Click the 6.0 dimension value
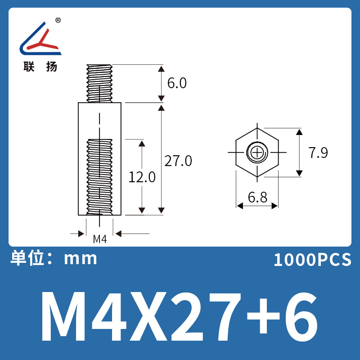click(176, 83)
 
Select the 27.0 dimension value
click(178, 161)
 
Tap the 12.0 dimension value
click(142, 177)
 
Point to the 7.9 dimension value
click(318, 153)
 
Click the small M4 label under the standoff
click(99, 239)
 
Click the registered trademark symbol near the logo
click(58, 20)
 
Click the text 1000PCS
click(312, 260)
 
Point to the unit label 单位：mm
click(54, 258)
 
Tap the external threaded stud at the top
click(99, 83)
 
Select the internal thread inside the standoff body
click(99, 175)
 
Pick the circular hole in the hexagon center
click(257, 153)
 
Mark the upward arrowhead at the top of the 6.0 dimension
click(161, 68)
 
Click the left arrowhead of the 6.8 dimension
click(240, 206)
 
